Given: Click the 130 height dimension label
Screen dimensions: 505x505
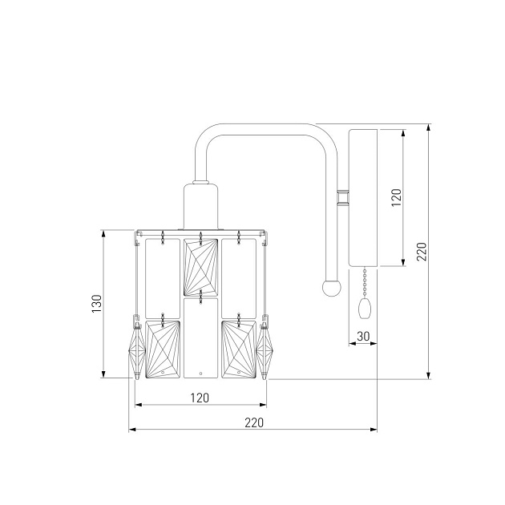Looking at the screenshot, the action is pyautogui.click(x=97, y=303).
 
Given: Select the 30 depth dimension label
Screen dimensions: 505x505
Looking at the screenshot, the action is pyautogui.click(x=363, y=336).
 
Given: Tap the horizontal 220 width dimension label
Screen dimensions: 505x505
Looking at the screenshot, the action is pyautogui.click(x=254, y=422).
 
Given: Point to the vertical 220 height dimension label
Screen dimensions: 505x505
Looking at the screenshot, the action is pyautogui.click(x=422, y=251).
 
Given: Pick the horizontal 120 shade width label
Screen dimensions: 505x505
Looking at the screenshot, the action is pyautogui.click(x=200, y=398).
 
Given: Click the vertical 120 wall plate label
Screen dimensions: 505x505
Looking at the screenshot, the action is pyautogui.click(x=397, y=197).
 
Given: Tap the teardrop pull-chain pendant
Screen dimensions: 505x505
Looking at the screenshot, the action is pyautogui.click(x=365, y=309).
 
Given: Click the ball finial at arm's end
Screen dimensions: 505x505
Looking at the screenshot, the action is pyautogui.click(x=331, y=288).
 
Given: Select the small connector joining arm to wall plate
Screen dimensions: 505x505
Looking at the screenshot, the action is pyautogui.click(x=343, y=197).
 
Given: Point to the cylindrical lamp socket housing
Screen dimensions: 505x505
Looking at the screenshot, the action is pyautogui.click(x=200, y=206).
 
